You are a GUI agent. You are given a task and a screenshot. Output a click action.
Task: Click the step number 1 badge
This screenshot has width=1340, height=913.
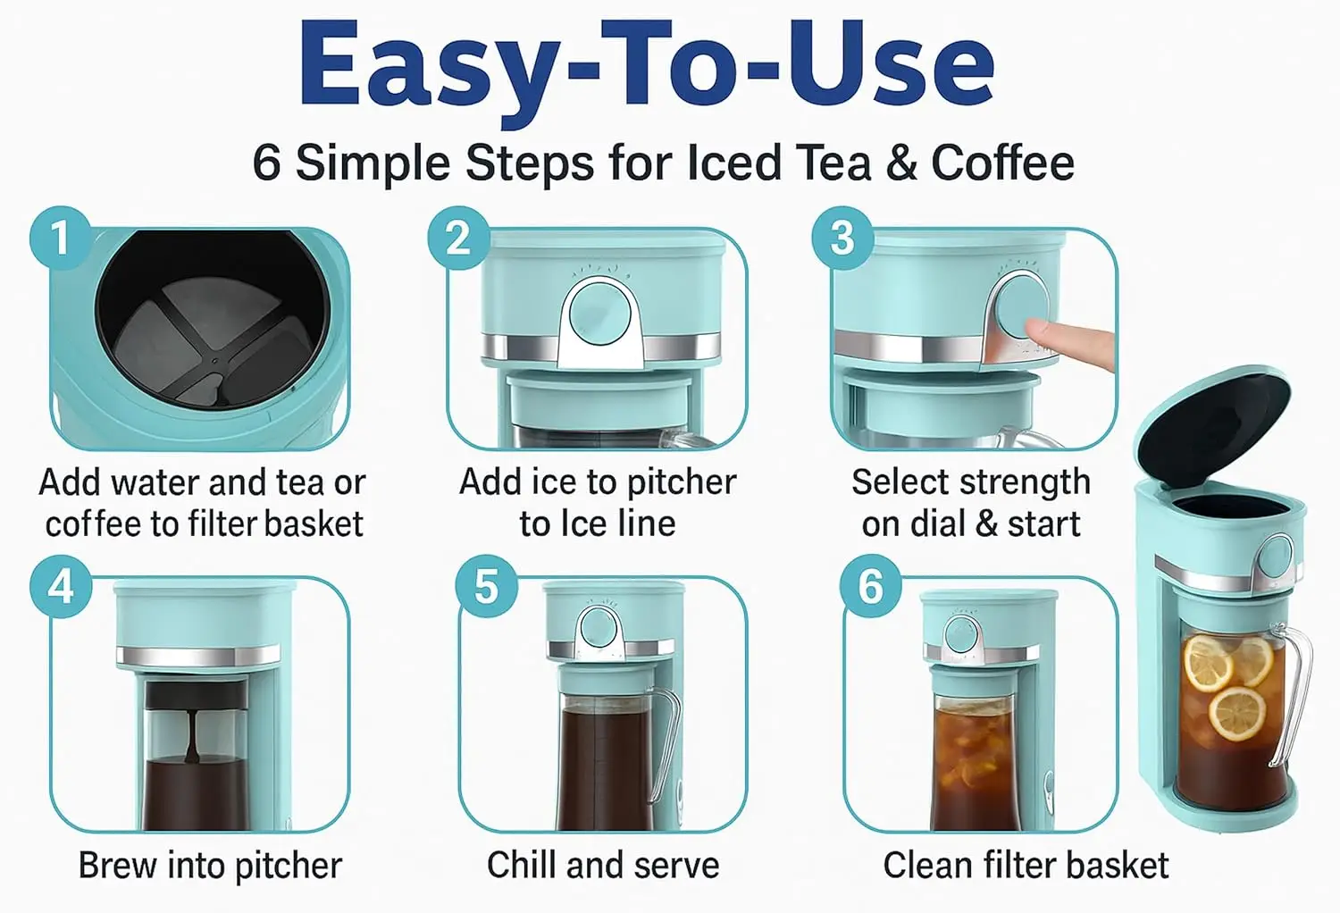[61, 238]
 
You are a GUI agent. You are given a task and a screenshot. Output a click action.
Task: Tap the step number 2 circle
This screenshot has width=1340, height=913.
[458, 238]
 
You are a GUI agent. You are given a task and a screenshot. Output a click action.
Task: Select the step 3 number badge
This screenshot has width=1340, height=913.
[842, 238]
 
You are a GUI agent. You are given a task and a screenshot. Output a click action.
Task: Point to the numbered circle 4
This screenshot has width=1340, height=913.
[61, 585]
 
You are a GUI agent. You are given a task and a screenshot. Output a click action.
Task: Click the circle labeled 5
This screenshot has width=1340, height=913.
[486, 585]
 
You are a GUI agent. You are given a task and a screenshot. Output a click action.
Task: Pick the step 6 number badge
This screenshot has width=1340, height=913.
[870, 585]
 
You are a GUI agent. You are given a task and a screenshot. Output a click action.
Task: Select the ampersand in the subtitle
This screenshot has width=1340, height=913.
[901, 162]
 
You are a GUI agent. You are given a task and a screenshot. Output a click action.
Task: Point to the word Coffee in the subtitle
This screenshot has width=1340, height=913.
[1003, 162]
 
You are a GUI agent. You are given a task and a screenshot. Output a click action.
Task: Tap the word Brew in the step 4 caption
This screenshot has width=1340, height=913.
[117, 865]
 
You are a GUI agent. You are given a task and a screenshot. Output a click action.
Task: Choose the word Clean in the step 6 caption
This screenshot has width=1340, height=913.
[928, 865]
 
